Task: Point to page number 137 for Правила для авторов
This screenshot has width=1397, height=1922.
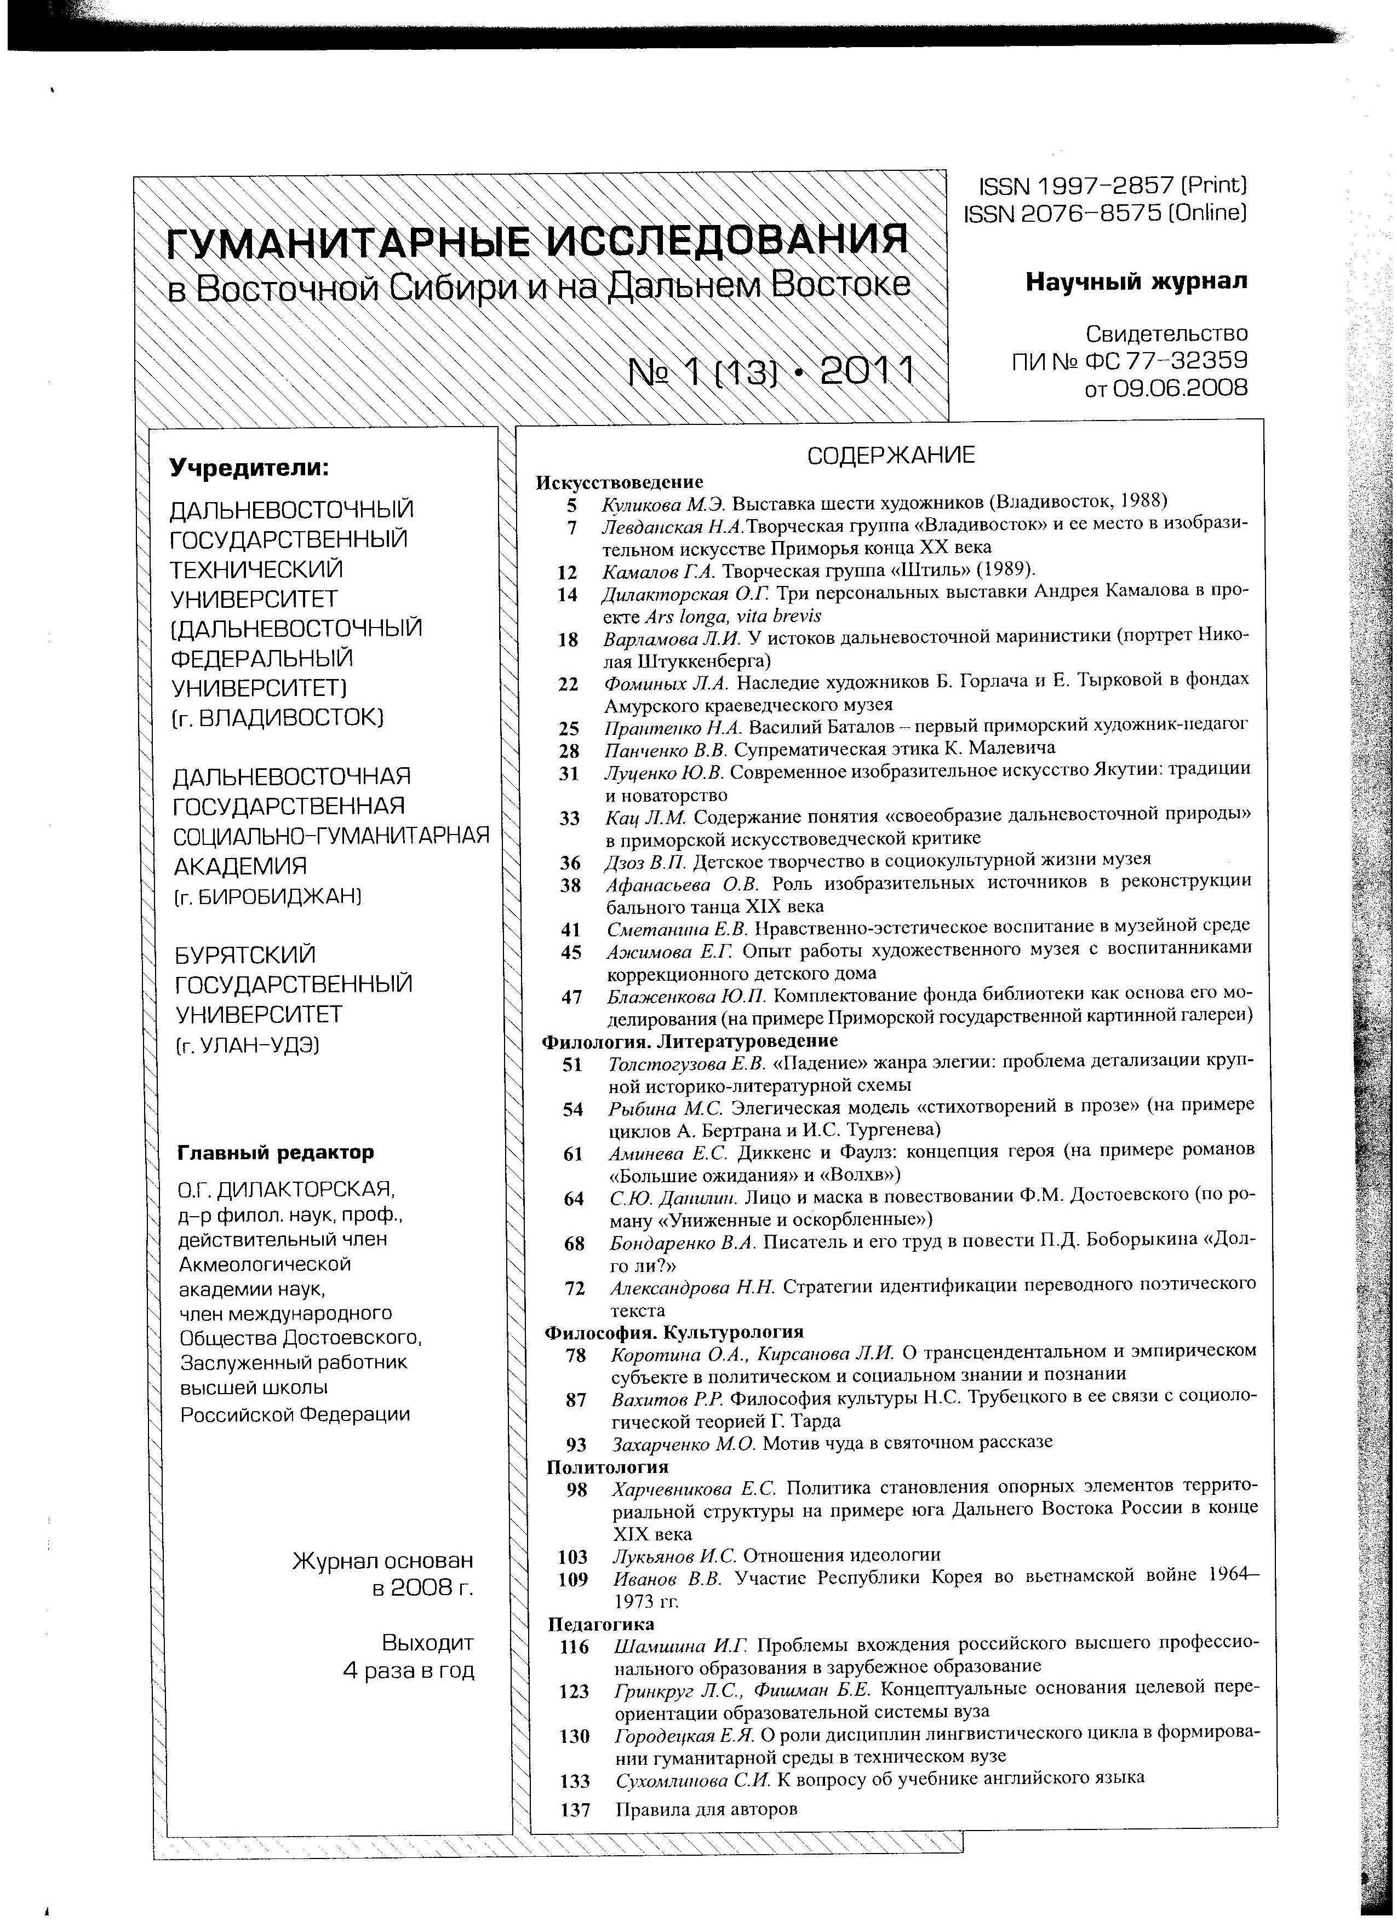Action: point(575,1809)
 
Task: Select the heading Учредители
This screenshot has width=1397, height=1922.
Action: point(249,467)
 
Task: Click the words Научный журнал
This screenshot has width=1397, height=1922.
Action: point(1136,281)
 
